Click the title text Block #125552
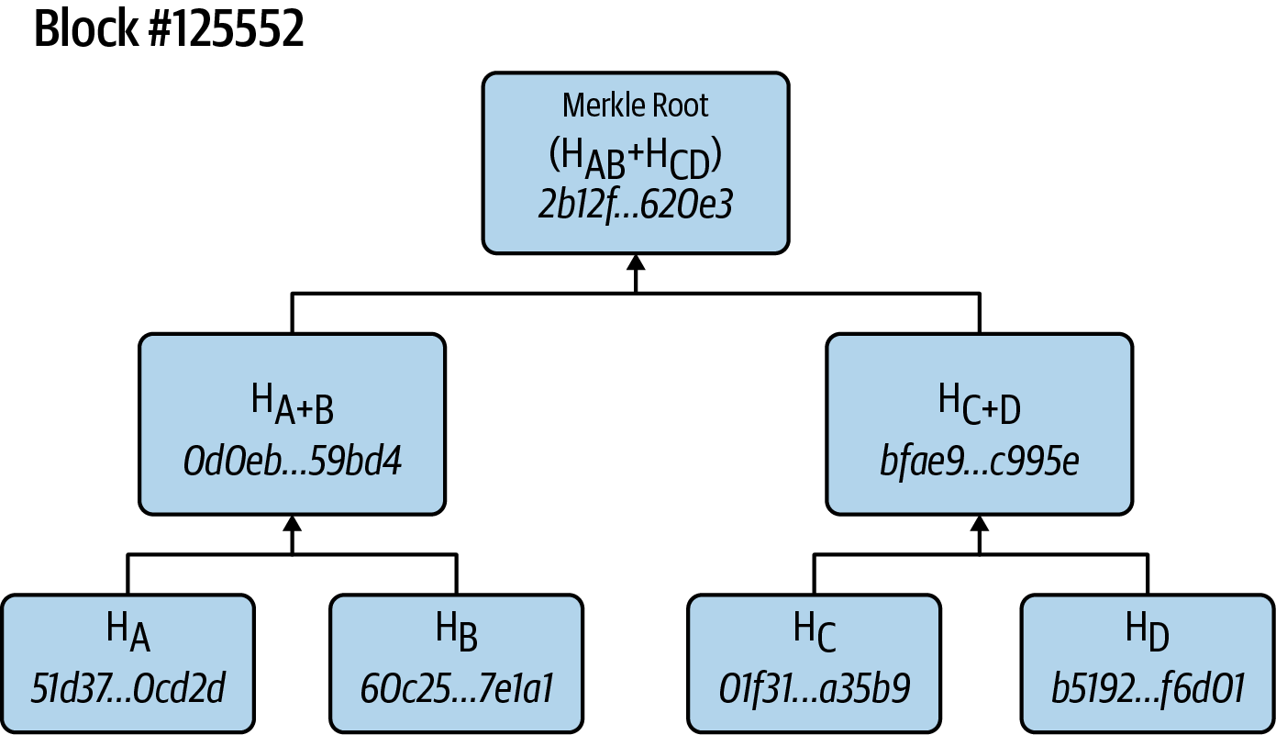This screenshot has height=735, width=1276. point(169,30)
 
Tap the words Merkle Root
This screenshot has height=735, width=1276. point(636,106)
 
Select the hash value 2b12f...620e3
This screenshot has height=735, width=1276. point(636,204)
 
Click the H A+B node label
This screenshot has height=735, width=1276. point(292,406)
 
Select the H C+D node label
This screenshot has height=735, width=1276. point(979,406)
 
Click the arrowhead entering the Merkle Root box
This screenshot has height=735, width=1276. point(636,262)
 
